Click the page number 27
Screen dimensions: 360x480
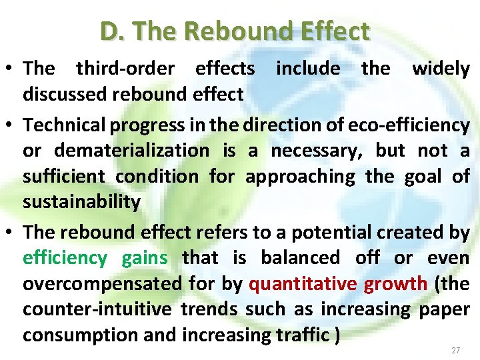coord(456,350)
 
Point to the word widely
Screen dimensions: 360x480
coord(441,68)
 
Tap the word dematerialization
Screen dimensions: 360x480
coord(131,151)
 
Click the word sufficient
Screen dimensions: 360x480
coord(63,177)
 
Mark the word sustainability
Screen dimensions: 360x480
coord(81,203)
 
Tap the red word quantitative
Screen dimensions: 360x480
coord(302,284)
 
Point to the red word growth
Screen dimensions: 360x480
coord(395,284)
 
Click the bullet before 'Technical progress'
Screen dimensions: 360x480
coord(11,125)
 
